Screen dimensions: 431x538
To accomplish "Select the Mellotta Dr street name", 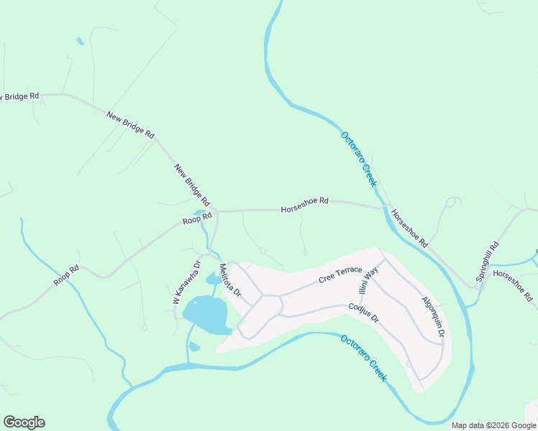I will click(229, 282).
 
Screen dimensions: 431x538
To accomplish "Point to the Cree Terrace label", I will click(341, 274).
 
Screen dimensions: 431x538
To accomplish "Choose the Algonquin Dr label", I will click(432, 316).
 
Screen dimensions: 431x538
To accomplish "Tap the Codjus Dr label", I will click(363, 313).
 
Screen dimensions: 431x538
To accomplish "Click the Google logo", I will click(24, 422).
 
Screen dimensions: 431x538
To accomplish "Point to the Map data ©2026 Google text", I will click(494, 425).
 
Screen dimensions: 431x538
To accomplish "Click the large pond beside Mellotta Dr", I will click(206, 315).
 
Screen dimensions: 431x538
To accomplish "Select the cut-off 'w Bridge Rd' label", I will click(19, 96).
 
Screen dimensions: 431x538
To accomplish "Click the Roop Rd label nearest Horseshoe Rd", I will click(197, 218).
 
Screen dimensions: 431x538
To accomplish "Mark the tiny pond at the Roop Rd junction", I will click(199, 213).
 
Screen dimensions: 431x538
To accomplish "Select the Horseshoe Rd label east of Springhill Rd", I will click(513, 285).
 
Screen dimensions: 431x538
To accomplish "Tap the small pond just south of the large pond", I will click(194, 347).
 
